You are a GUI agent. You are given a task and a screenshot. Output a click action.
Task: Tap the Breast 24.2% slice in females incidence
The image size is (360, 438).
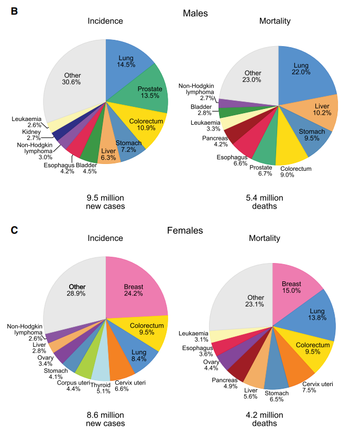(x=137, y=291)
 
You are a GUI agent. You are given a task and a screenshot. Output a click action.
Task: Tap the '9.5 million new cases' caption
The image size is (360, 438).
(x=105, y=202)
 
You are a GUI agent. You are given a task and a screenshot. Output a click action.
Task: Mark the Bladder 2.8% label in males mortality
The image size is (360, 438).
(x=201, y=110)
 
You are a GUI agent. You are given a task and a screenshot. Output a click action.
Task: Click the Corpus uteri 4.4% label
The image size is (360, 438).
(x=73, y=386)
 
